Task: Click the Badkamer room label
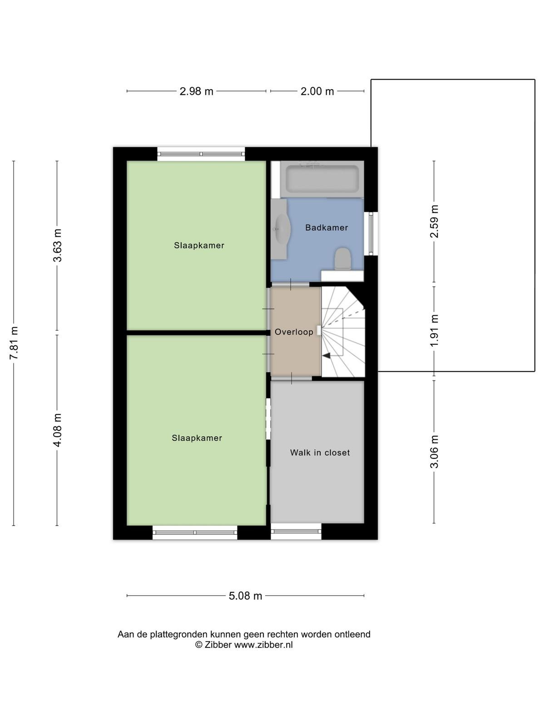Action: pos(326,228)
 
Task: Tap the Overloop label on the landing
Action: pos(294,332)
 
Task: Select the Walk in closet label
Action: pos(320,453)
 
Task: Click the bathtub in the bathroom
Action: pos(322,179)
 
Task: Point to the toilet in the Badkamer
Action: pos(342,259)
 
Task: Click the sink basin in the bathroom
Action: pos(282,229)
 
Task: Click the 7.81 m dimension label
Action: pos(14,343)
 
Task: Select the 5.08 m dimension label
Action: pos(245,596)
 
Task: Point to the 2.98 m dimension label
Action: pos(196,91)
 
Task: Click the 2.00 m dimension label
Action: pos(317,91)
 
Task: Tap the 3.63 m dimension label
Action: pos(57,245)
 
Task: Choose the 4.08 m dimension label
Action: pos(57,430)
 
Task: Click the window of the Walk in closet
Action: pos(296,531)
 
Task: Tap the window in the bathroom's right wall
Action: pos(371,234)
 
